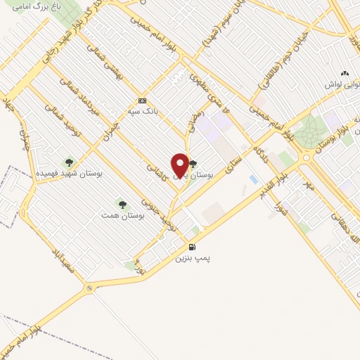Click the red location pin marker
[180, 165]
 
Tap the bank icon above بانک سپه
[143, 101]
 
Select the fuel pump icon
[192, 247]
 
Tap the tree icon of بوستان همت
[123, 205]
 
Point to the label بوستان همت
[123, 216]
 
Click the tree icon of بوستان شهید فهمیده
[69, 162]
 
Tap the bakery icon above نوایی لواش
[344, 73]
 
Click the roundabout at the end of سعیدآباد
[88, 288]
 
